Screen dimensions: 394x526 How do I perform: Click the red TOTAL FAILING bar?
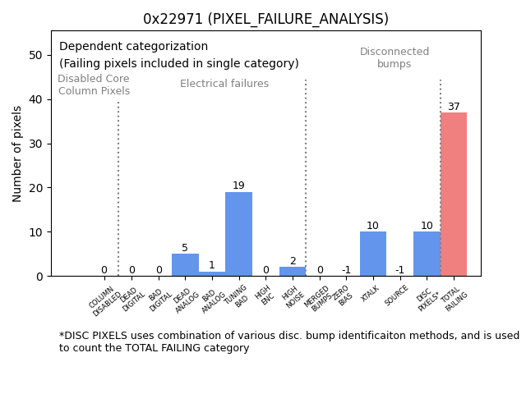tap(453, 195)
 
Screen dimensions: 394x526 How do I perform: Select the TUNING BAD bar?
tap(238, 234)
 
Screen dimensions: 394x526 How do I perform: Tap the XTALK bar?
tap(372, 254)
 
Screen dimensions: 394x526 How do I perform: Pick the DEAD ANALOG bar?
tap(185, 264)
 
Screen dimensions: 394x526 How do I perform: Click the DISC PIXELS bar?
tap(427, 254)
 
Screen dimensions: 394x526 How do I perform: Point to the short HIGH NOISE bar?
tap(293, 272)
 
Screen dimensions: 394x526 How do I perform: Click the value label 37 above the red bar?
tap(454, 107)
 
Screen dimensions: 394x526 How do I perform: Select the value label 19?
tap(238, 186)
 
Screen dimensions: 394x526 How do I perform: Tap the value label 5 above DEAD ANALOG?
tap(185, 248)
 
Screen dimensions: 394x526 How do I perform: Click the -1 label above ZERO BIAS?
tap(346, 270)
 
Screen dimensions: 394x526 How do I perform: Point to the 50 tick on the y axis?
tap(35, 55)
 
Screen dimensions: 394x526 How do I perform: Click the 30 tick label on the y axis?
tap(35, 144)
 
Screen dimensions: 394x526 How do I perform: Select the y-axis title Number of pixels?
tap(17, 153)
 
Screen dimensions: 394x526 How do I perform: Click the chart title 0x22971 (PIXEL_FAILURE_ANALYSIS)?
tap(265, 19)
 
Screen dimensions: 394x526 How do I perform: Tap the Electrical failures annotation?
tap(224, 84)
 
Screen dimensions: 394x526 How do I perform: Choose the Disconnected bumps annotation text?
tap(394, 58)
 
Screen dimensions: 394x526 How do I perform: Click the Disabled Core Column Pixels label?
tap(94, 85)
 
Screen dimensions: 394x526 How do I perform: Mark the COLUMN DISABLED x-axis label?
tap(104, 300)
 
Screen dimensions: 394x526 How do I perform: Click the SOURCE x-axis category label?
tap(398, 295)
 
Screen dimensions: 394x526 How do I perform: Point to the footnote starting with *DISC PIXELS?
tap(288, 341)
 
